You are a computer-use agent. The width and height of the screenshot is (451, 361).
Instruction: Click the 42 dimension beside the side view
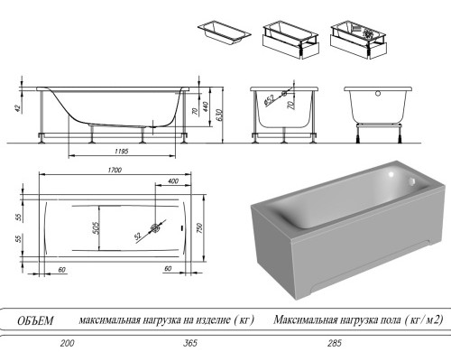coord(16,109)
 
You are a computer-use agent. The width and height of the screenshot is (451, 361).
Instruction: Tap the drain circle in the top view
coord(157,228)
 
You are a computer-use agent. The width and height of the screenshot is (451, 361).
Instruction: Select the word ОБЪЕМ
coord(36,320)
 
